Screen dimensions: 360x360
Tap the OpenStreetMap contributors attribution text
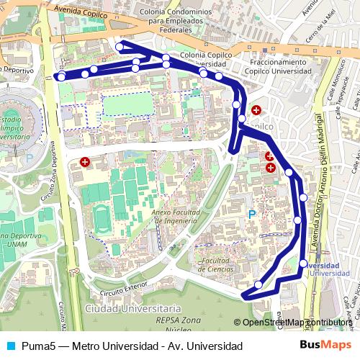297,323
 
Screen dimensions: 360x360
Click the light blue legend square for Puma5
9,346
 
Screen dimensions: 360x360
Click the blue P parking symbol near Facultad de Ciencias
251,214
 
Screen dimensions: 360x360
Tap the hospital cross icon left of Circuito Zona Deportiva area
86,163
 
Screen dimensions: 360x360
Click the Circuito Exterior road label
124,292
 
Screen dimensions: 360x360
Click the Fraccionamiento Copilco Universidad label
274,67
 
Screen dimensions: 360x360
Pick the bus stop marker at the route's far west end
61,77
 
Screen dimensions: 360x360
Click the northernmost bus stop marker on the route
120,47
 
